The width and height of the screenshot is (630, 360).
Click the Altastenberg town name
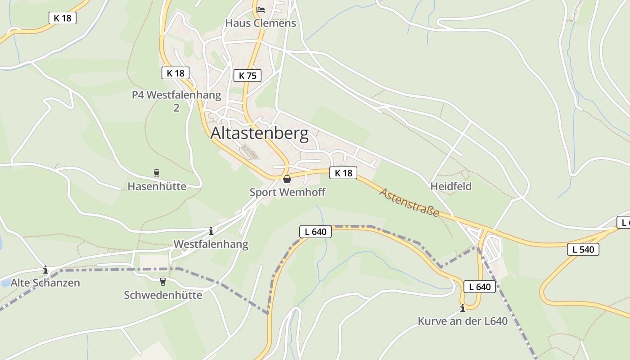tap(260, 134)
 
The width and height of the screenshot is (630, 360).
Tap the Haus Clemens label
tap(261, 23)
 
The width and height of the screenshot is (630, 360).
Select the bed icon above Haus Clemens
tap(261, 9)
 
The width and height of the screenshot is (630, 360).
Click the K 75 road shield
tap(247, 76)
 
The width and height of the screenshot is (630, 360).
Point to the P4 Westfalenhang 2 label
tap(176, 101)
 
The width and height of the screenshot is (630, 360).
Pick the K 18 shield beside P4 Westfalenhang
tap(175, 73)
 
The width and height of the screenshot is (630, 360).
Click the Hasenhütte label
tap(157, 186)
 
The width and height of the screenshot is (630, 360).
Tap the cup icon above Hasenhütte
tap(157, 173)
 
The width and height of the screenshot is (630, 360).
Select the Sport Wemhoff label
tap(287, 192)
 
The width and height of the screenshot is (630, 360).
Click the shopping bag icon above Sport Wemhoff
tap(287, 180)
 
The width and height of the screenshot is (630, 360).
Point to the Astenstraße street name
tap(409, 202)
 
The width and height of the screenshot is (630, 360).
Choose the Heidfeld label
tap(451, 186)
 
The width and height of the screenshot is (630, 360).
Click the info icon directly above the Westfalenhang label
tap(211, 231)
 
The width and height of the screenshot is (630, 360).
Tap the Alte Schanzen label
tap(45, 283)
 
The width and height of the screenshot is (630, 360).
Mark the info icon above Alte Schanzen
tap(45, 270)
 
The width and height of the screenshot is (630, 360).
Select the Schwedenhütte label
tap(163, 295)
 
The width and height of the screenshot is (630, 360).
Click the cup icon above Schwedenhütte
tap(163, 282)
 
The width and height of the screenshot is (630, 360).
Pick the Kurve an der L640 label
tap(463, 321)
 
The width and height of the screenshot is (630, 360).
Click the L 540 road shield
tap(583, 249)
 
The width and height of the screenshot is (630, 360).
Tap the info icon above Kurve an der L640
tap(463, 308)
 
